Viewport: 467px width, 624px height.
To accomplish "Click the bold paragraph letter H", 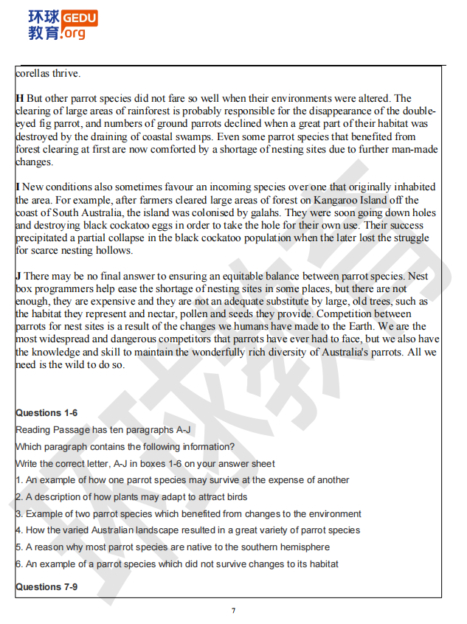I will pos(20,98).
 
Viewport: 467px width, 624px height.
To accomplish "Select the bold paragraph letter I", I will pos(18,187).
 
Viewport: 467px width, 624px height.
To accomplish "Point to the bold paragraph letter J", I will pos(18,276).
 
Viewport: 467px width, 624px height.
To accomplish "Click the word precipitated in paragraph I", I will pos(44,238).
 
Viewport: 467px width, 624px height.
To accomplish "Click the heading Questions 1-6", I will pos(46,413).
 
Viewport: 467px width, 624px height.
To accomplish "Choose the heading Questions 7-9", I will pos(46,587).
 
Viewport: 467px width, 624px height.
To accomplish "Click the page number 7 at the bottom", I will pos(233,611).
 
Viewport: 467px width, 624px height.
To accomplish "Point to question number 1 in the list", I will pos(18,480).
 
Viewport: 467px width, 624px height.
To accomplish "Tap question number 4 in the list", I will pos(18,530).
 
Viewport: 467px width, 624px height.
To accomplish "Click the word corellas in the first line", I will pos(33,73).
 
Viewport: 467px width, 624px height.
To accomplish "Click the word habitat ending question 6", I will pos(323,564).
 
